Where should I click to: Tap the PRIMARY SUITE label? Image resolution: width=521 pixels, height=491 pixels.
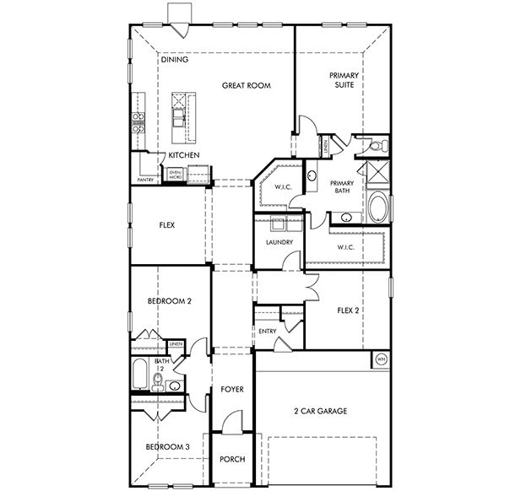[x=345, y=80]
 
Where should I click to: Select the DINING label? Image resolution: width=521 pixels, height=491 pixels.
[x=174, y=60]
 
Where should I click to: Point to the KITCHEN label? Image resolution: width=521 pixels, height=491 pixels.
[x=183, y=156]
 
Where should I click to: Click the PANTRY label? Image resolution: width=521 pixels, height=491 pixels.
[x=145, y=179]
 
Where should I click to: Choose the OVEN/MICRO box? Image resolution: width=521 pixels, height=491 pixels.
[x=176, y=175]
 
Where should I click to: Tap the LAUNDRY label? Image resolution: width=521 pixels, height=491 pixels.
[x=279, y=242]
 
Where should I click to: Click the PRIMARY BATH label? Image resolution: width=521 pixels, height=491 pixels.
[x=342, y=187]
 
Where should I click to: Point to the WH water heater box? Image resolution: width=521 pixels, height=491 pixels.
[x=380, y=359]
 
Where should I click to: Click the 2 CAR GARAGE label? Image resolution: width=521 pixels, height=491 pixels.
[x=320, y=411]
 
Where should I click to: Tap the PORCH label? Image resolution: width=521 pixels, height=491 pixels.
[x=232, y=459]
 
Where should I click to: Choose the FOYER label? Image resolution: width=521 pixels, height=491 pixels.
[x=232, y=390]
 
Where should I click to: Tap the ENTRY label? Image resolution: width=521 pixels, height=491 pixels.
[x=268, y=331]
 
